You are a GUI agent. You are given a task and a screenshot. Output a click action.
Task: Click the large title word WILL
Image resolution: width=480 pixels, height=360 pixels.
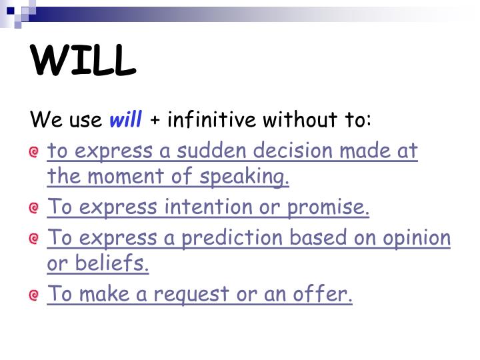(83, 61)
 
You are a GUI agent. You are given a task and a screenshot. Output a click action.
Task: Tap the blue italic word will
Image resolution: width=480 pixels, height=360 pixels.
(126, 120)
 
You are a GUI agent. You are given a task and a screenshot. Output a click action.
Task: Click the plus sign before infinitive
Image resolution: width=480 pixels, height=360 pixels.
(155, 121)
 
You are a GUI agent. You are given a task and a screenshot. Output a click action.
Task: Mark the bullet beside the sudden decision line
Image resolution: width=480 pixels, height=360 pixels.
(34, 153)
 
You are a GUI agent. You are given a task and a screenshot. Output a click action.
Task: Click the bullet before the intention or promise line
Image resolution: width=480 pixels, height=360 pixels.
(34, 209)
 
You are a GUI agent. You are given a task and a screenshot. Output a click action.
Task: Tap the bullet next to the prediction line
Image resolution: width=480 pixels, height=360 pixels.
(34, 239)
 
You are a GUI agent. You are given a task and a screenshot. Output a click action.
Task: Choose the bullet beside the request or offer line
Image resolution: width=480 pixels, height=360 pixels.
(34, 295)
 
